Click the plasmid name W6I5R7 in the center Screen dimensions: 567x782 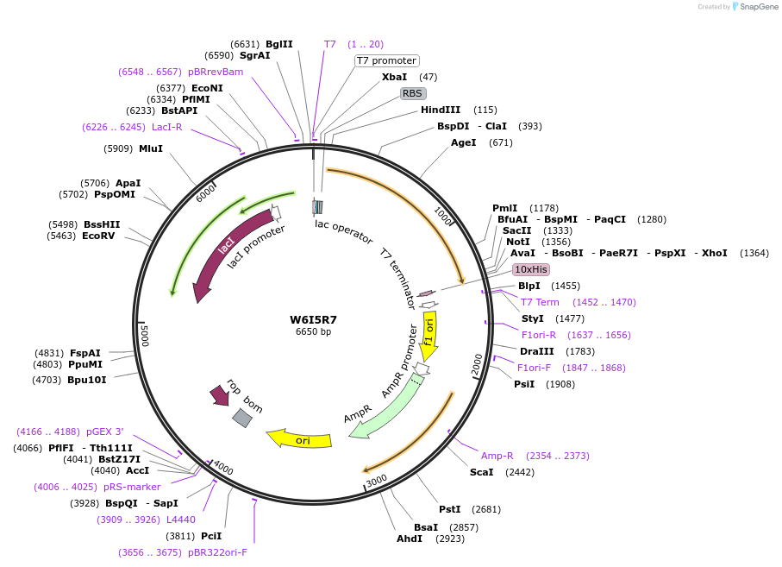click(313, 319)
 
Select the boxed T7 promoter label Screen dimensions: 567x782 click(387, 60)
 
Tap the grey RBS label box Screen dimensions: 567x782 click(413, 93)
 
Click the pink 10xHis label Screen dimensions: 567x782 click(531, 269)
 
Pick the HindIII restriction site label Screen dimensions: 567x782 click(441, 110)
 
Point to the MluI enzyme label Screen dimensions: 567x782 click(151, 148)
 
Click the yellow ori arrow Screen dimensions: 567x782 click(300, 439)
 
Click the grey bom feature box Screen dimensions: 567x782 click(242, 418)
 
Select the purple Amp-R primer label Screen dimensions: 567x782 click(497, 456)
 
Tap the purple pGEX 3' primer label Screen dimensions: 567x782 click(107, 432)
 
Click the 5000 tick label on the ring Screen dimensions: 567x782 click(145, 335)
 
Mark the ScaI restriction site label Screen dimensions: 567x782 click(482, 472)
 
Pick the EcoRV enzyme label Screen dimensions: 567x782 click(99, 236)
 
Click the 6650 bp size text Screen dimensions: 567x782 click(313, 331)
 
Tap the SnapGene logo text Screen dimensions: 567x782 click(755, 7)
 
